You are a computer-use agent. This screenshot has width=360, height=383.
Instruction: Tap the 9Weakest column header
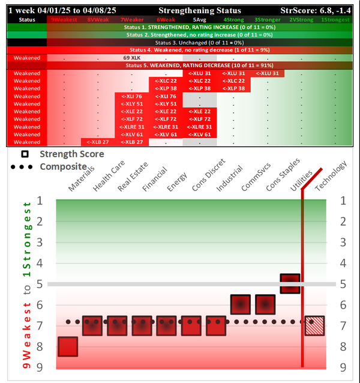(x=64, y=20)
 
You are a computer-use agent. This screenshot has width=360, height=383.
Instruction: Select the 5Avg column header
(x=199, y=20)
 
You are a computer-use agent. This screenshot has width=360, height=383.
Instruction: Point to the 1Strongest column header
(x=335, y=20)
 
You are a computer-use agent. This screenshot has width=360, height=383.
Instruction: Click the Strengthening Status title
(x=200, y=11)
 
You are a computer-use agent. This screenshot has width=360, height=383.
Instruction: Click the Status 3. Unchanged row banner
(x=180, y=43)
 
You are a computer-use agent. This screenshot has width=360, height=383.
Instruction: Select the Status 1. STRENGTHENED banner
(x=180, y=28)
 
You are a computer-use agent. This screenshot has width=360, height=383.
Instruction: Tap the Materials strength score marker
(x=68, y=346)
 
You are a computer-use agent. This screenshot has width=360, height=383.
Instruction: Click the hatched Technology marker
(x=314, y=325)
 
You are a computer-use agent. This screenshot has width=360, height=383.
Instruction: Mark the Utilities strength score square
(x=290, y=284)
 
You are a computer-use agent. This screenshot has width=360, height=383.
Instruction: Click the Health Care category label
(x=105, y=179)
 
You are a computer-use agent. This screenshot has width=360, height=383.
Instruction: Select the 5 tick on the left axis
(x=40, y=283)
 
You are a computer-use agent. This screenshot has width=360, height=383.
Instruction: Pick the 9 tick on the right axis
(x=343, y=367)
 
